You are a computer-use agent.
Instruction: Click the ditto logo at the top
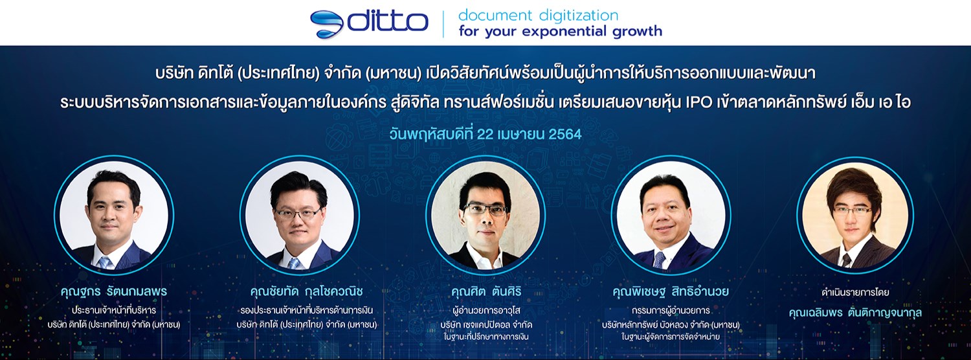369,23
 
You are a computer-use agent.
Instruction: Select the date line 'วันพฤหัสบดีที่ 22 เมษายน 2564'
485,135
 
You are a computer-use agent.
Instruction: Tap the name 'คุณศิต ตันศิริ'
485,292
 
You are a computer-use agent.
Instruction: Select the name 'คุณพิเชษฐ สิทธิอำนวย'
671,292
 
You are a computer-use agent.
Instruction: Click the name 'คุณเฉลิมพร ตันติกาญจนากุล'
855,312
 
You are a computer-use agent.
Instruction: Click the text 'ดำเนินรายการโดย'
854,293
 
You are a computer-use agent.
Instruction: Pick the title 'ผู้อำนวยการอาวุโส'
485,309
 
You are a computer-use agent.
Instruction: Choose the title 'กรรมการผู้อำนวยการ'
671,309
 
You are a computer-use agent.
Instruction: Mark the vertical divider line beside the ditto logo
443,23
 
